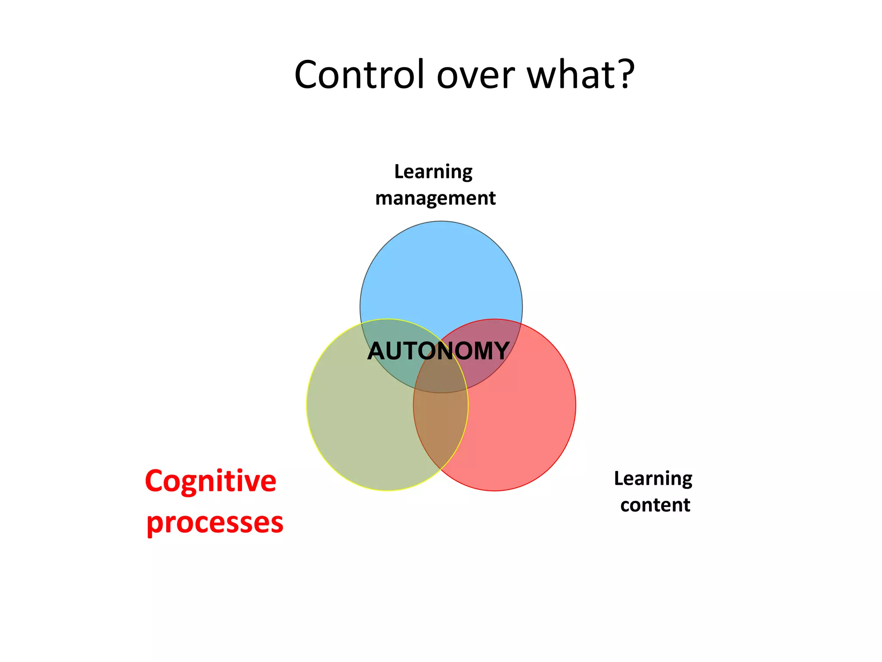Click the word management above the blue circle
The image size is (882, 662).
[435, 199]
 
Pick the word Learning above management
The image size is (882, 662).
[433, 172]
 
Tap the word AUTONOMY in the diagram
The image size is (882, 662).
[438, 351]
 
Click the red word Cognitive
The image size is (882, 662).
[211, 481]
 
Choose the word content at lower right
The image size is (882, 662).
[655, 505]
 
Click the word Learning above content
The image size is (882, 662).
[653, 478]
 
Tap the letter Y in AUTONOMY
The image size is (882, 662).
[500, 351]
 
